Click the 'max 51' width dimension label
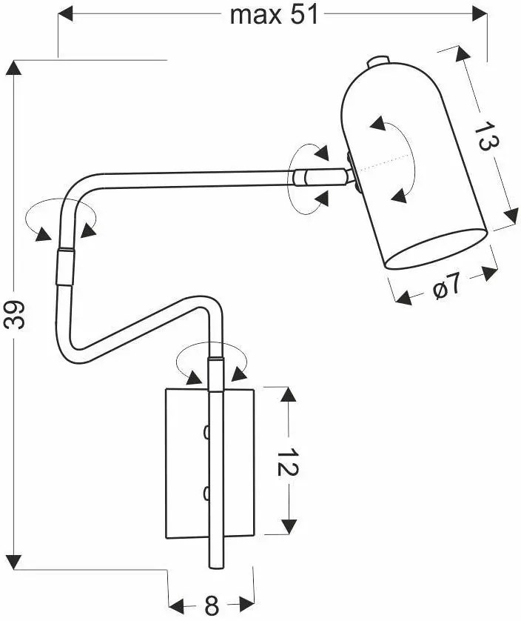274,15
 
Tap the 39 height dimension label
15,315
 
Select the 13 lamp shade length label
486,136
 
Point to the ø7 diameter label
447,285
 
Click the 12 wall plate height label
288,462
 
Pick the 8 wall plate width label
212,605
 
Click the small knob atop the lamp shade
377,61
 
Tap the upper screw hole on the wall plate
206,432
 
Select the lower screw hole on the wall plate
206,494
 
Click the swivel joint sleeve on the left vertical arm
65,267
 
